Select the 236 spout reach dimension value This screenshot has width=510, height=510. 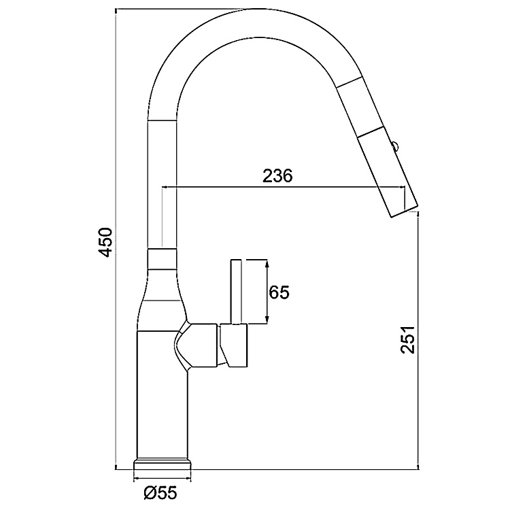pos(277,175)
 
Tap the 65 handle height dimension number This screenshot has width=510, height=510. pos(279,292)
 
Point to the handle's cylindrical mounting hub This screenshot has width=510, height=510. pos(234,347)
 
